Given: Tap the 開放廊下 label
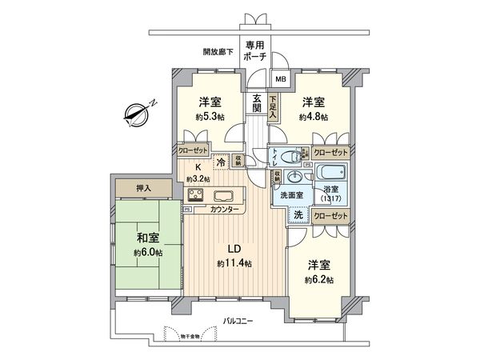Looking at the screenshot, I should tap(218, 52).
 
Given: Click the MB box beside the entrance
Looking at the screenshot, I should tap(280, 79).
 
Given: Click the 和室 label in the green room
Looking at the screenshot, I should tap(146, 238).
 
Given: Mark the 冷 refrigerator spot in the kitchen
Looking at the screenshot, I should tap(221, 159).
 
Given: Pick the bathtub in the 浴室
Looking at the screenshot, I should tap(330, 174).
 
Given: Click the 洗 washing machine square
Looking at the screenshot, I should tap(297, 215).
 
